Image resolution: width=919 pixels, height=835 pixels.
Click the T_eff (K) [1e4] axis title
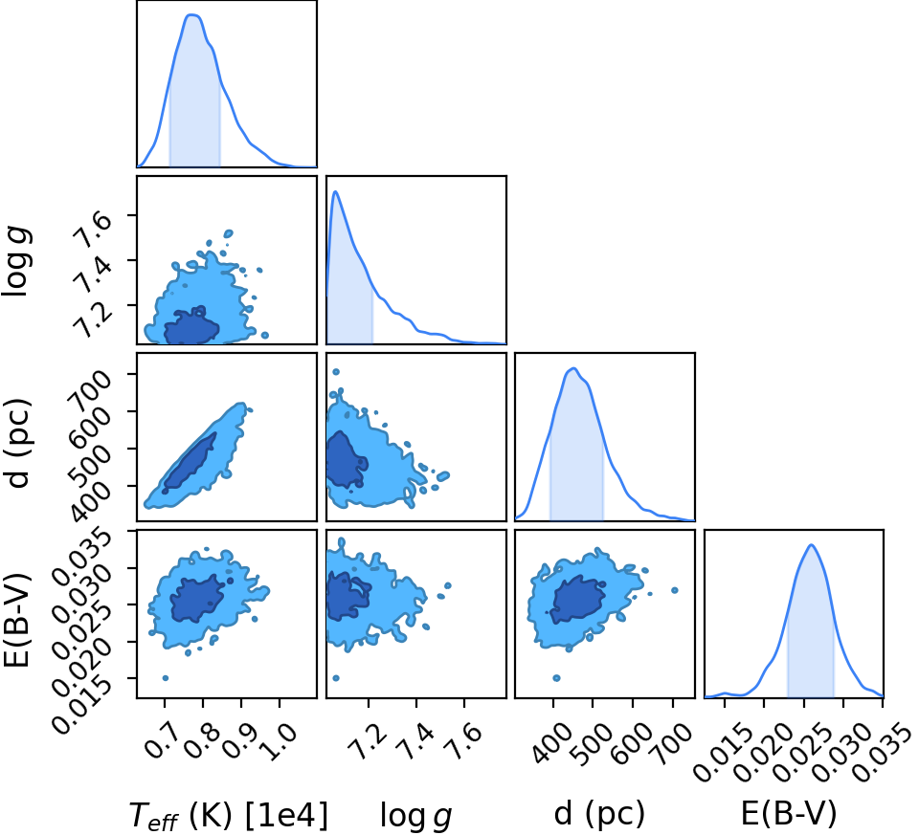click(228, 815)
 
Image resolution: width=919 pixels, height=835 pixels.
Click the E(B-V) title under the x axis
click(789, 813)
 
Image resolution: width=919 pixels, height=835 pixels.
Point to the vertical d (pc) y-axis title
click(17, 443)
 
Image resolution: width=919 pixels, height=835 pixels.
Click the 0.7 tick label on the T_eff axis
click(164, 740)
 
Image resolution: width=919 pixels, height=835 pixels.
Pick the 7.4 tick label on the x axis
click(415, 740)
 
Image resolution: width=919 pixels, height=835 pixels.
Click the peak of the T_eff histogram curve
click(192, 15)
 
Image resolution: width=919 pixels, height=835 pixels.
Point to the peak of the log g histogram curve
click(335, 191)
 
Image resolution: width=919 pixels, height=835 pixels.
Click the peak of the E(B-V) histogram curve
click(812, 545)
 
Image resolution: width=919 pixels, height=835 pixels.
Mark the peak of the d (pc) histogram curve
click(573, 369)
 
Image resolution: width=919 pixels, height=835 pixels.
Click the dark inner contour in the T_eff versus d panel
click(190, 462)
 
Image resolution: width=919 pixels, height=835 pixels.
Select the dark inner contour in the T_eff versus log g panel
click(191, 325)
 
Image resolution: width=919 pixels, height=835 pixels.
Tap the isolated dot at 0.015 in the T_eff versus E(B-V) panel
click(166, 678)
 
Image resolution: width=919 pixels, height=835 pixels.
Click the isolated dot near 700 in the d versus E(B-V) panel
click(675, 590)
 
